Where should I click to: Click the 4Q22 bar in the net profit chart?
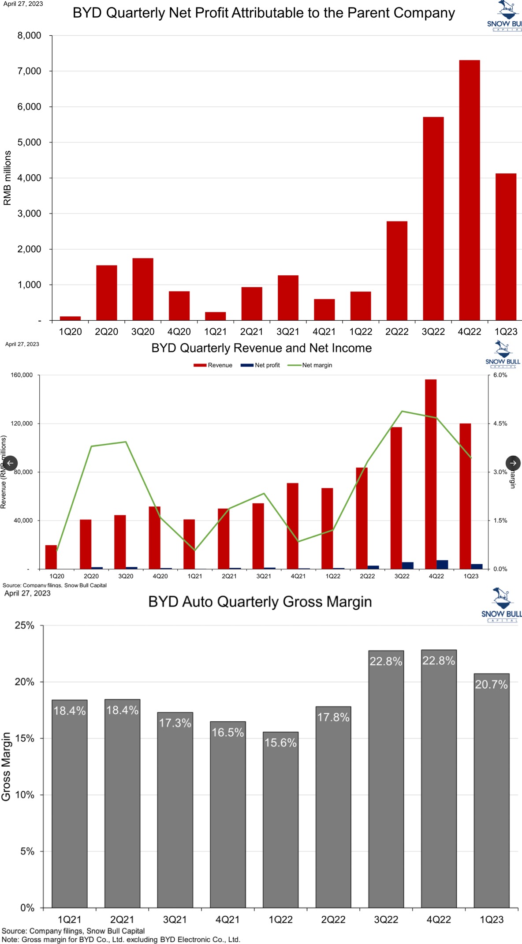(469, 190)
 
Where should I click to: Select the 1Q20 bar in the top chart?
(70, 318)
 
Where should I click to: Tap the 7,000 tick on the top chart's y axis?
(29, 71)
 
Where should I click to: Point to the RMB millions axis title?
(7, 178)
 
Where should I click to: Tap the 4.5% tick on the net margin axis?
(500, 423)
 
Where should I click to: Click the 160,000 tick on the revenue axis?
(22, 375)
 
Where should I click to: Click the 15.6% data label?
(280, 743)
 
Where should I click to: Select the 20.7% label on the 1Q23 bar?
(491, 685)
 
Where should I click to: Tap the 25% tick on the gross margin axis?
(24, 626)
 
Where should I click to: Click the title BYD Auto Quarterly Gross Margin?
(260, 602)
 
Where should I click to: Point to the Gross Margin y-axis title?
(6, 767)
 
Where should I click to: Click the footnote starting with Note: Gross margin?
(121, 940)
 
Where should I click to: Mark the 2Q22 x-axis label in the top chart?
(397, 332)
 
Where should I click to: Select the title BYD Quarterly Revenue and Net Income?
(261, 348)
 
